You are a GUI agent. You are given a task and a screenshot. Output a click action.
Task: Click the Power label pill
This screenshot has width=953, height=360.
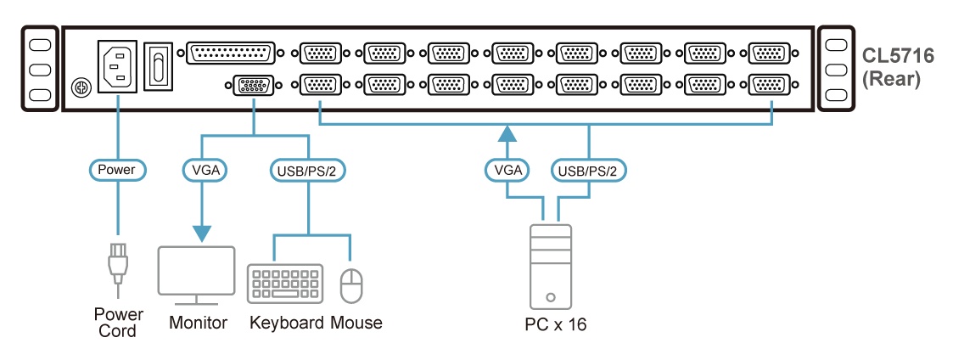point(116,170)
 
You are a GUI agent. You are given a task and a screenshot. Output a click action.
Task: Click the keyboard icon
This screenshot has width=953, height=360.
point(285,284)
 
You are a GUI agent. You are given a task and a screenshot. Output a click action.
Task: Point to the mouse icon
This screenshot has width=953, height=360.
point(350,285)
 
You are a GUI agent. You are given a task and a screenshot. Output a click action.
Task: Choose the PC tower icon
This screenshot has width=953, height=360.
point(550,266)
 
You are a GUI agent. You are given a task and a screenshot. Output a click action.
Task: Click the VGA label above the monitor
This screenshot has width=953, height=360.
point(204,170)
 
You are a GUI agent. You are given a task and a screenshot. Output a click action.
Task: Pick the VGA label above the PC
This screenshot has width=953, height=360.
point(507,170)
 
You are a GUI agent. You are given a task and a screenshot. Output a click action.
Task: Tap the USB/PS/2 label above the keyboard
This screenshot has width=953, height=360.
point(307,170)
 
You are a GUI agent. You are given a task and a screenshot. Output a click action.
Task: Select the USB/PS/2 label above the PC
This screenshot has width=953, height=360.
point(590,170)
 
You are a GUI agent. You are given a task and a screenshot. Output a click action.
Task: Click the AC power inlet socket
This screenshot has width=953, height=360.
point(117,65)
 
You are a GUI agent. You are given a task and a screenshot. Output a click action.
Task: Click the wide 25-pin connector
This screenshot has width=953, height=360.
point(231,53)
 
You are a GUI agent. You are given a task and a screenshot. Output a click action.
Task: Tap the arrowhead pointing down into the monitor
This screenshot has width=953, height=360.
point(204,233)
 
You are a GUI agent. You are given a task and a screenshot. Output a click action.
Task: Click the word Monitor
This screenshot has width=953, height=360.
point(198,323)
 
